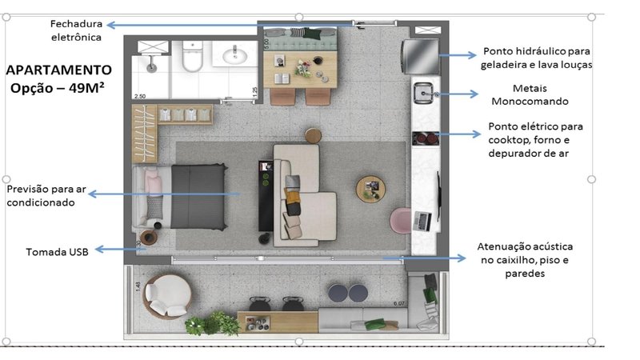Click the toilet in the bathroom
(192, 57)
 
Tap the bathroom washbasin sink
(234, 56)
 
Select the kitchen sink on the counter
(423, 93)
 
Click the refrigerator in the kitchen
(421, 56)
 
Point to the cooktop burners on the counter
(426, 138)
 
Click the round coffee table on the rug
(370, 189)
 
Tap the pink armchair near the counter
(401, 221)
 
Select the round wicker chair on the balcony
(167, 296)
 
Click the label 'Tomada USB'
(57, 252)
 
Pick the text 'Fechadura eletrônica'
(76, 30)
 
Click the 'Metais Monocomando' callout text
(530, 94)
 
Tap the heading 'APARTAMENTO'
(58, 70)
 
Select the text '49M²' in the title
(86, 88)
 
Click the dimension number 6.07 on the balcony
(398, 303)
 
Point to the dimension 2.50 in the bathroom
(139, 96)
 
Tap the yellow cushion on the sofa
(292, 197)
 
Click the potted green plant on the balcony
(212, 324)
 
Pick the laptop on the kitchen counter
(422, 221)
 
